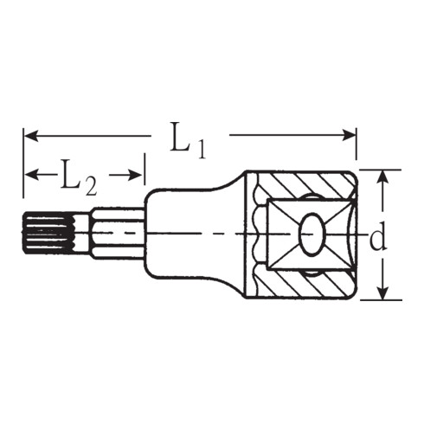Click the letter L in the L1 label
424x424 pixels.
(179, 139)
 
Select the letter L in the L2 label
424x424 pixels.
(71, 176)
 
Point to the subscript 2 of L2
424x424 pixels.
(93, 183)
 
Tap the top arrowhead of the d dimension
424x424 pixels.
(380, 176)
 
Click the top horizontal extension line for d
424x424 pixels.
(381, 170)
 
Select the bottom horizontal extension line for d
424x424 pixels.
(381, 299)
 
